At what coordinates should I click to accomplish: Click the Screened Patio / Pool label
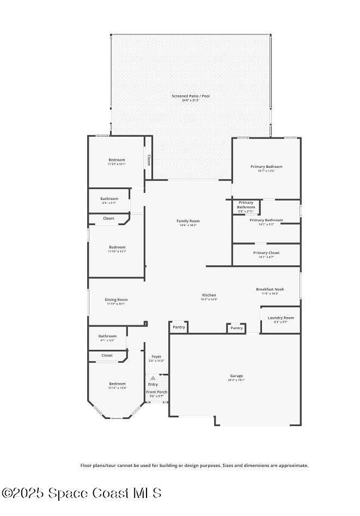click(191, 96)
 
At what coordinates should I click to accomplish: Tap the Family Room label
click(188, 221)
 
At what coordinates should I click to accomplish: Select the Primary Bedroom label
click(266, 166)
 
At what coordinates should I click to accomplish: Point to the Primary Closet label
click(266, 253)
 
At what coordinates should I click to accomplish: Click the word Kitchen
click(209, 295)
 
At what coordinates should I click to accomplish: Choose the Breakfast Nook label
click(270, 289)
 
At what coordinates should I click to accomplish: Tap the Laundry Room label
click(280, 318)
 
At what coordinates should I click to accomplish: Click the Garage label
click(236, 376)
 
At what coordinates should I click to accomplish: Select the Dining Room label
click(116, 299)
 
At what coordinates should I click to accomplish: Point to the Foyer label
click(156, 356)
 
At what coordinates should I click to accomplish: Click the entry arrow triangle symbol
click(153, 378)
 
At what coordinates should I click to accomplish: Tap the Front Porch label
click(156, 392)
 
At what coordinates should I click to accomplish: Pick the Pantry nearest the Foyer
click(179, 327)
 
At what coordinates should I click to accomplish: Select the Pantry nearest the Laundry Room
click(236, 328)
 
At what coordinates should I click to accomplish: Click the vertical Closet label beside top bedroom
click(148, 160)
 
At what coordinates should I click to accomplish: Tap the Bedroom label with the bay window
click(117, 384)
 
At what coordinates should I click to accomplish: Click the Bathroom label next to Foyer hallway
click(107, 336)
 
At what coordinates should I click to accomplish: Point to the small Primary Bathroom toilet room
click(246, 205)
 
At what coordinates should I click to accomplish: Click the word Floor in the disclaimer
click(86, 465)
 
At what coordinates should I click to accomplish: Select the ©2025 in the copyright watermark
click(24, 493)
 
